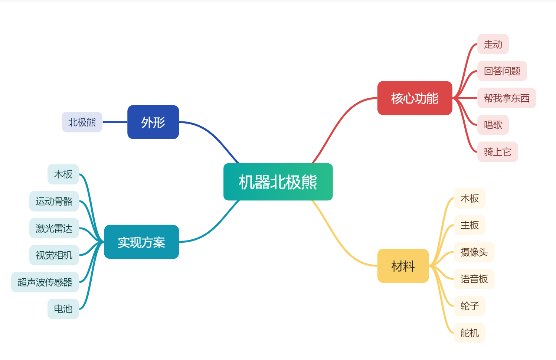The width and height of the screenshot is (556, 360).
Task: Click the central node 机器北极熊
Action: pyautogui.click(x=278, y=182)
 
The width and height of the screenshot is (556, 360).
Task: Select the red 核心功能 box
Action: pyautogui.click(x=415, y=98)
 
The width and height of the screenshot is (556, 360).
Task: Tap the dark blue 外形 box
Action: pyautogui.click(x=153, y=122)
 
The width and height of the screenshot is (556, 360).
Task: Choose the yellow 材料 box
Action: pyautogui.click(x=403, y=266)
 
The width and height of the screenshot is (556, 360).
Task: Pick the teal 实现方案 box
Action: pyautogui.click(x=141, y=242)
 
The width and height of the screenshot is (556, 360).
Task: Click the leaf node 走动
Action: pyautogui.click(x=493, y=44)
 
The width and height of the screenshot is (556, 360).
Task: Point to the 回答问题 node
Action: pyautogui.click(x=502, y=71)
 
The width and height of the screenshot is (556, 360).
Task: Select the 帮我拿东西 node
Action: pyautogui.click(x=507, y=98)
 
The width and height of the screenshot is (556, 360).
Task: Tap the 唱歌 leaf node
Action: pyautogui.click(x=493, y=125)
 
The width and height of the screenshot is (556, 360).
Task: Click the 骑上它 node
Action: pyautogui.click(x=497, y=152)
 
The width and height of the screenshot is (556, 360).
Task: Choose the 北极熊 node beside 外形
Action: pyautogui.click(x=82, y=122)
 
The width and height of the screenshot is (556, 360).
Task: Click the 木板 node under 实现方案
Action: pyautogui.click(x=63, y=174)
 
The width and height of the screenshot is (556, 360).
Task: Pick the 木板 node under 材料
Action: pyautogui.click(x=470, y=199)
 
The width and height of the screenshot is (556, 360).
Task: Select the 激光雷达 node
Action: pyautogui.click(x=54, y=228)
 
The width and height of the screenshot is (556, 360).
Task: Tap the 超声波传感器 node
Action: pyautogui.click(x=45, y=282)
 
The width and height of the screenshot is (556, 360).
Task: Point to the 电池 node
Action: pyautogui.click(x=63, y=309)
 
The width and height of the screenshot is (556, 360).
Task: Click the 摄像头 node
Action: pyautogui.click(x=474, y=252)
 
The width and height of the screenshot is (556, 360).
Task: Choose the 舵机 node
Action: pyautogui.click(x=470, y=333)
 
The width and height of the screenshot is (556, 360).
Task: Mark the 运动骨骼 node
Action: pyautogui.click(x=54, y=202)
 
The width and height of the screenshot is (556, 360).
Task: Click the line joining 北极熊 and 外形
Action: pyautogui.click(x=115, y=122)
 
